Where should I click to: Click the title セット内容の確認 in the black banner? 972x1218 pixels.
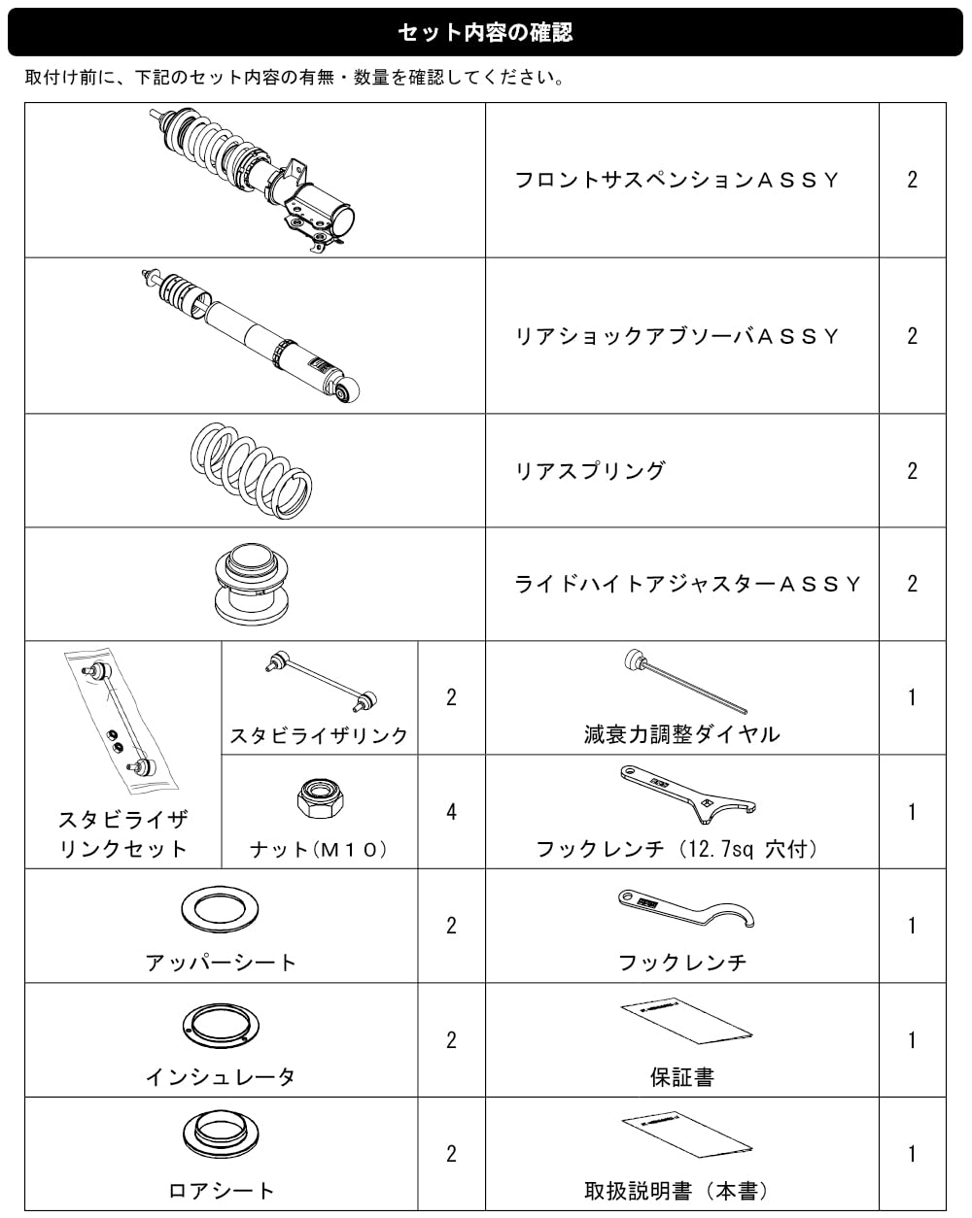pyautogui.click(x=485, y=32)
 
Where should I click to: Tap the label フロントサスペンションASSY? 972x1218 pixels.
pyautogui.click(x=677, y=180)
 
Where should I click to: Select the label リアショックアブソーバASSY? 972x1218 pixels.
pyautogui.click(x=677, y=336)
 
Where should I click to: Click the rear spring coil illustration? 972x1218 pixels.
pyautogui.click(x=251, y=470)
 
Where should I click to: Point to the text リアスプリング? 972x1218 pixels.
pyautogui.click(x=590, y=471)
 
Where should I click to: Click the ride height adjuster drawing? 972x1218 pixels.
pyautogui.click(x=252, y=584)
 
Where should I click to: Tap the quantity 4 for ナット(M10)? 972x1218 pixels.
pyautogui.click(x=451, y=812)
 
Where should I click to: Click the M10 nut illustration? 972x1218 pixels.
pyautogui.click(x=320, y=798)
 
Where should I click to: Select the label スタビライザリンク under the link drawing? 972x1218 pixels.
pyautogui.click(x=319, y=736)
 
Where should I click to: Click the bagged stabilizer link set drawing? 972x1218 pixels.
pyautogui.click(x=121, y=720)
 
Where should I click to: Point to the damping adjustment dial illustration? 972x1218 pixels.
pyautogui.click(x=685, y=681)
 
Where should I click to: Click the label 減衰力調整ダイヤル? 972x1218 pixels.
pyautogui.click(x=682, y=734)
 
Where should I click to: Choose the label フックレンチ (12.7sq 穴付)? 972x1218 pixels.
pyautogui.click(x=677, y=849)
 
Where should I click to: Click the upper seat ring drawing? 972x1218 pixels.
pyautogui.click(x=220, y=910)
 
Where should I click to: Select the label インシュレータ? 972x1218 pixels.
pyautogui.click(x=221, y=1076)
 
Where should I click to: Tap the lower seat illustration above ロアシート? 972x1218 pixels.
pyautogui.click(x=221, y=1134)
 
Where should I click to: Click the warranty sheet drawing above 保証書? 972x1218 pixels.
pyautogui.click(x=686, y=1021)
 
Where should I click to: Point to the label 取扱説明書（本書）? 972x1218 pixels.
pyautogui.click(x=677, y=1191)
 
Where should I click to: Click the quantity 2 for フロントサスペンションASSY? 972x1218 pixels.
pyautogui.click(x=912, y=180)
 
